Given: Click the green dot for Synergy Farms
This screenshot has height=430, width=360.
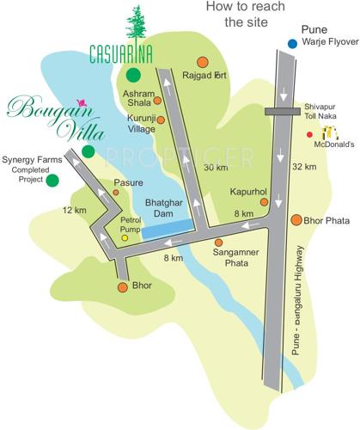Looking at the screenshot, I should pyautogui.click(x=52, y=180).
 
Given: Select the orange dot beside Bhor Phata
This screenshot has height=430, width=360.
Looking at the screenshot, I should pyautogui.click(x=296, y=220).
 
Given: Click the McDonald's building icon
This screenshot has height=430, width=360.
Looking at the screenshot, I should pyautogui.click(x=331, y=133).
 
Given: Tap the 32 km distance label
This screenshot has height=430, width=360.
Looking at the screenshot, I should pyautogui.click(x=304, y=167).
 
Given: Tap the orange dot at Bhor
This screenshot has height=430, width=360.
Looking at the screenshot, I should pyautogui.click(x=122, y=285).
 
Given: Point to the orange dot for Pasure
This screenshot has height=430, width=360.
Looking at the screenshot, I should pyautogui.click(x=116, y=193).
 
